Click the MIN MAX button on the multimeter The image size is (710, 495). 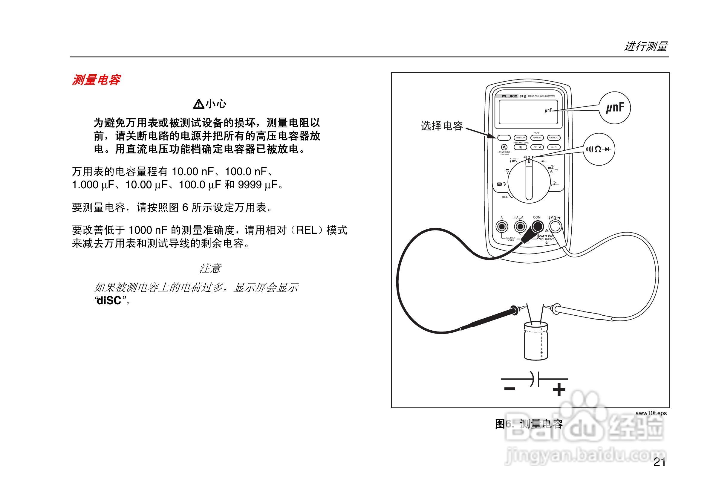[x=521, y=138]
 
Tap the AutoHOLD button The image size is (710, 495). [x=554, y=138]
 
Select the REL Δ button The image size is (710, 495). [x=537, y=147]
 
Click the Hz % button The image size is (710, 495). [x=554, y=147]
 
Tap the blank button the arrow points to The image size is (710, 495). [x=504, y=138]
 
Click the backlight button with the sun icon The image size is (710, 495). [x=504, y=147]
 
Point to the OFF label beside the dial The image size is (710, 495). [x=505, y=197]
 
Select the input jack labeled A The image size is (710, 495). [x=502, y=227]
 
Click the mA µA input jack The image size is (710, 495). [x=520, y=227]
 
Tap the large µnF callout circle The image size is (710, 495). [x=615, y=108]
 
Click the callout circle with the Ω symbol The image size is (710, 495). [x=599, y=149]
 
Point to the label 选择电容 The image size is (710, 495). [x=442, y=126]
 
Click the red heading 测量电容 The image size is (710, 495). [x=96, y=80]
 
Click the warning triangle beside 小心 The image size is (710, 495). [x=198, y=104]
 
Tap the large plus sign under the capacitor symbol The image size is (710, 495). [x=559, y=390]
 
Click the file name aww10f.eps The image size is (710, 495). [x=651, y=413]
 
